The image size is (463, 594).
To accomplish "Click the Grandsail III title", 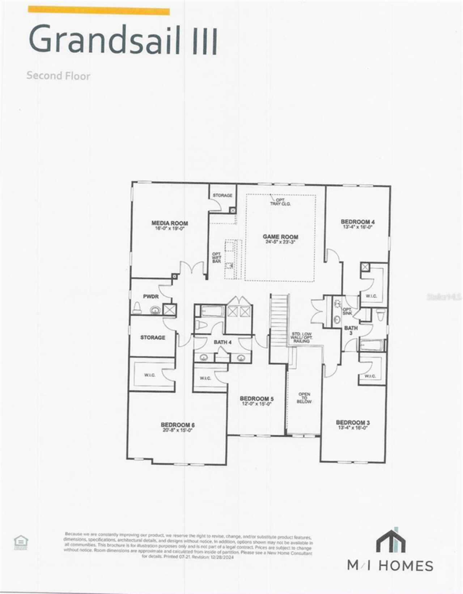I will (123, 39).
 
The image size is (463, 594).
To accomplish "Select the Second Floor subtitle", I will (58, 76).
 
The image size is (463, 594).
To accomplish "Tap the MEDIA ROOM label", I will (169, 223).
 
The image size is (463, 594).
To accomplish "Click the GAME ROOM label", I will (280, 237).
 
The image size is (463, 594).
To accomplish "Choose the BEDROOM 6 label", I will (178, 425).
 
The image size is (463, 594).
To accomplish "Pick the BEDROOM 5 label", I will (256, 399).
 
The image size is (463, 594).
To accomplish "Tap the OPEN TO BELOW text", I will (304, 398).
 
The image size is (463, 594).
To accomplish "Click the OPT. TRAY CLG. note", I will (280, 202).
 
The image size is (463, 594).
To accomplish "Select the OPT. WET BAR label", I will (216, 258).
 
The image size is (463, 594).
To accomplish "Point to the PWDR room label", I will (150, 297).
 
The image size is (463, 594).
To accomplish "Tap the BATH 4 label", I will (222, 342).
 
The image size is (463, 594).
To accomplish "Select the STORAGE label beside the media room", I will (222, 195).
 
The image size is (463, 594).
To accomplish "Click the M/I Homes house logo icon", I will (391, 541).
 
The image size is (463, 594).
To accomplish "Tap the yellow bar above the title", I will (99, 11).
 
